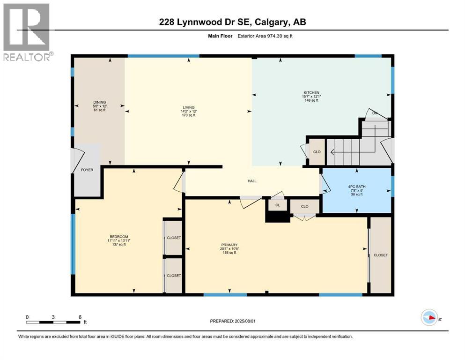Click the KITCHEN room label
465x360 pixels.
(x=311, y=93)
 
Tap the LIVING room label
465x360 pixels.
(x=188, y=107)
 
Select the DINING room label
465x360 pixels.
(x=99, y=102)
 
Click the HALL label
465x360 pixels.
(x=252, y=181)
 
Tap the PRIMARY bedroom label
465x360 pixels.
(x=230, y=245)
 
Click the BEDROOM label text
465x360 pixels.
(x=119, y=236)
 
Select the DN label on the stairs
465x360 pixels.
(x=374, y=113)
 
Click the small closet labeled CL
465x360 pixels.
(x=278, y=205)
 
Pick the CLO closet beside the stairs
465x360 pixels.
(x=317, y=152)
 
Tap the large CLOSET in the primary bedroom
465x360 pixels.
(x=380, y=255)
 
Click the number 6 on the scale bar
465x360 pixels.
(x=80, y=317)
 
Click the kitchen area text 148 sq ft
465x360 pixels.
(x=311, y=100)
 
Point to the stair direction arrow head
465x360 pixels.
(x=332, y=152)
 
